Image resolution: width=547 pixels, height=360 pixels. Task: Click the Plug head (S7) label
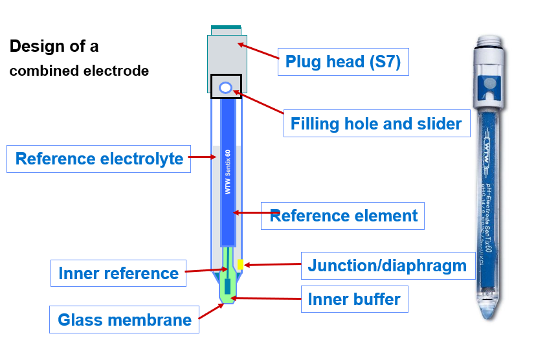tap(343, 62)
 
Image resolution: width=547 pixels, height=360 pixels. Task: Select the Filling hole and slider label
tap(376, 123)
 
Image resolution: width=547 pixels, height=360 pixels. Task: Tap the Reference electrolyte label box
tap(99, 159)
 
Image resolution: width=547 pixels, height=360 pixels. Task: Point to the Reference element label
tap(343, 215)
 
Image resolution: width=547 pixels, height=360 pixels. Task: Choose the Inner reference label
tap(118, 273)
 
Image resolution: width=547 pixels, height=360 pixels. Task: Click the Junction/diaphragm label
tap(387, 265)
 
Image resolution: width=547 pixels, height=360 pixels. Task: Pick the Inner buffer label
tap(354, 299)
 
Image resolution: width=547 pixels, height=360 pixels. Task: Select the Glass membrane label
tap(124, 319)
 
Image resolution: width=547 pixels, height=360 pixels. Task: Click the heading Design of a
tap(54, 47)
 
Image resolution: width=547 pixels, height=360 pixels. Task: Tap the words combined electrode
tap(79, 71)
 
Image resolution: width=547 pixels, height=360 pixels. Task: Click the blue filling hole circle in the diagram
tap(226, 87)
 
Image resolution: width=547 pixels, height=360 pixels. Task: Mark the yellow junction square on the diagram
tap(240, 265)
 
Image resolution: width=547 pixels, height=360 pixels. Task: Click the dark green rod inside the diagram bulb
tap(228, 286)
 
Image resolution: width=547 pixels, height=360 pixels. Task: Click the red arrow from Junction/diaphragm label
tap(272, 265)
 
